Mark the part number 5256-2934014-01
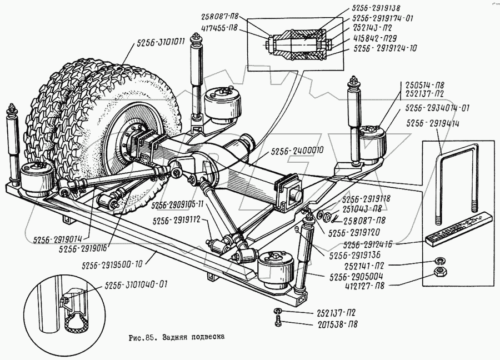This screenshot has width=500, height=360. (x=438, y=108)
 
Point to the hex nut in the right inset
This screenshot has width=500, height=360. (x=439, y=272)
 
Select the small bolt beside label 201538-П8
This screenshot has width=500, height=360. (x=276, y=322)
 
